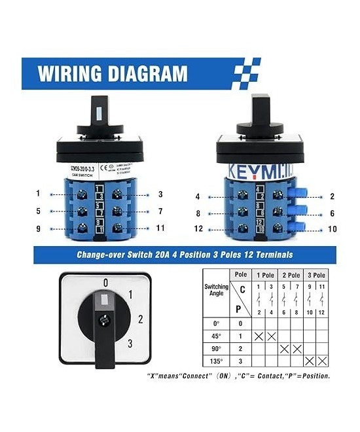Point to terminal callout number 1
click(x=39, y=193)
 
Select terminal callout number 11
click(x=160, y=228)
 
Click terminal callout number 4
click(x=197, y=196)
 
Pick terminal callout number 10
click(x=333, y=230)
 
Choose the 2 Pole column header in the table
click(x=291, y=276)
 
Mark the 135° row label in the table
click(x=217, y=361)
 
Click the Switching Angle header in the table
click(x=217, y=291)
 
